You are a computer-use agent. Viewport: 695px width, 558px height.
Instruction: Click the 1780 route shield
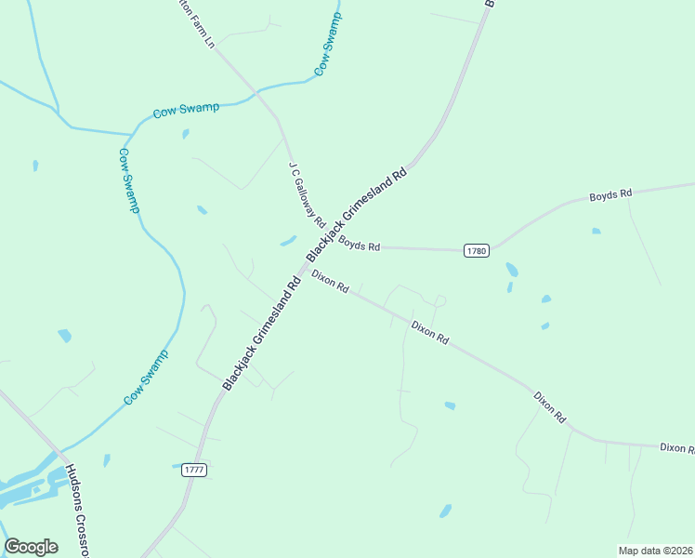(476, 250)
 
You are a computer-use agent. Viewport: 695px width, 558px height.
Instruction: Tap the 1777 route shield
(192, 471)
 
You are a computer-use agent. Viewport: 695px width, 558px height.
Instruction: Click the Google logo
(31, 547)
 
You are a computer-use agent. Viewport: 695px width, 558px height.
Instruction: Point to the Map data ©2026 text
(655, 551)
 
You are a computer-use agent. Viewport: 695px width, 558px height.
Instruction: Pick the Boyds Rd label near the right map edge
(610, 194)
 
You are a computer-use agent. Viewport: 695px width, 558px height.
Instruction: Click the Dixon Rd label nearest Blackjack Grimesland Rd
(330, 282)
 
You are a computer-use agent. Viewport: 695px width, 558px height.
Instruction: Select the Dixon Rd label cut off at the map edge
(677, 448)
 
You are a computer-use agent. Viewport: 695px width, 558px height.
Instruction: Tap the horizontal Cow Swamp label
(187, 109)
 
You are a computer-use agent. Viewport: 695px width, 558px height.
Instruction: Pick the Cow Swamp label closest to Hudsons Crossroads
(147, 378)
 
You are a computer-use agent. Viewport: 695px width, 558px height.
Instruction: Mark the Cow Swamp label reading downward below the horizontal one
(128, 180)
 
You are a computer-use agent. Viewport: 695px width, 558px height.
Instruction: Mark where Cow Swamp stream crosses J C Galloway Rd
(256, 92)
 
